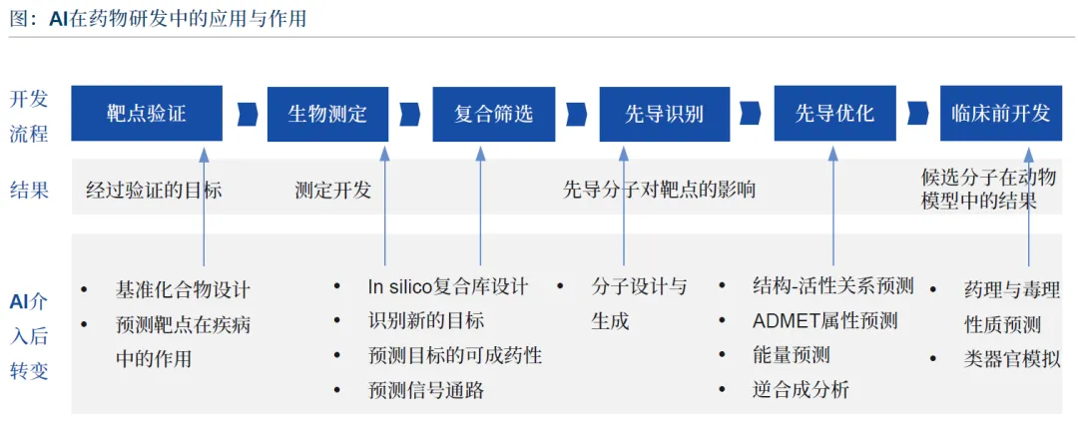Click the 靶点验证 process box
coord(147,114)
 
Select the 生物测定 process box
coord(327,114)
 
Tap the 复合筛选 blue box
coord(494,114)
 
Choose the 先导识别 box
coord(664,114)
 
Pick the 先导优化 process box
coord(834,114)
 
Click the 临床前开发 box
coord(1001,114)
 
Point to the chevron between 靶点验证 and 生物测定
coord(247,114)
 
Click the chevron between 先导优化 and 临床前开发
coord(918,114)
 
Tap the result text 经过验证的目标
coord(154,190)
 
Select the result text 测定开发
coord(332,190)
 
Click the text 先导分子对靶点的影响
coord(660,189)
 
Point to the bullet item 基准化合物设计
coord(183,290)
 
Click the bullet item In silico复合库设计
coord(448,286)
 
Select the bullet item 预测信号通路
coord(426,391)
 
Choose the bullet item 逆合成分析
coord(801,390)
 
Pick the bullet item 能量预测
coord(792,355)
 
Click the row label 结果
coord(30,190)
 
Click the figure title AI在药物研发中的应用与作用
coord(178,19)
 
